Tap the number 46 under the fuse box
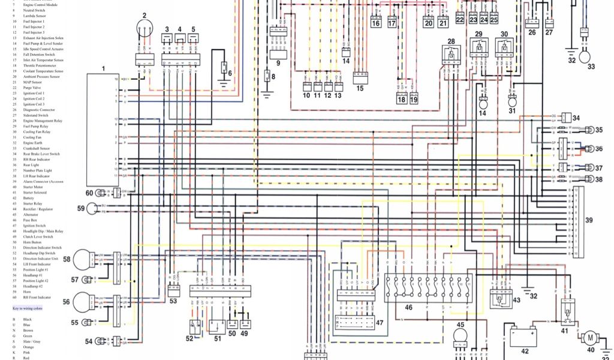408,307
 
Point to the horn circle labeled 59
92,209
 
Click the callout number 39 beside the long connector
589,220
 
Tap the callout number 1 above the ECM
103,69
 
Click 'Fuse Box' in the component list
30,220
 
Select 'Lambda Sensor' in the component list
34,16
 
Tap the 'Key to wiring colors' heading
28,308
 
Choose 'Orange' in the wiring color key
29,347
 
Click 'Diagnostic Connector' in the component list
39,110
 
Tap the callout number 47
379,323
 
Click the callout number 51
217,338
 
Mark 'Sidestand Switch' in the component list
36,115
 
